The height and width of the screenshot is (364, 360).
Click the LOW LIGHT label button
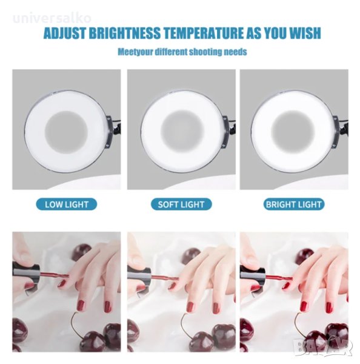pyautogui.click(x=66, y=204)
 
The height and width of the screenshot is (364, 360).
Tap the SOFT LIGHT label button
pyautogui.click(x=181, y=204)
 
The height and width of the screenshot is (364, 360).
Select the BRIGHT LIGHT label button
pyautogui.click(x=294, y=204)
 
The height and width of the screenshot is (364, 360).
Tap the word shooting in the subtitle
pyautogui.click(x=204, y=52)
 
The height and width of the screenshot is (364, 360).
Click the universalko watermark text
pyautogui.click(x=52, y=19)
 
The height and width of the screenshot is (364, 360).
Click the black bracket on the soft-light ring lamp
pyautogui.click(x=227, y=131)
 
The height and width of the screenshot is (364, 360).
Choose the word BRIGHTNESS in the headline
pyautogui.click(x=125, y=33)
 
